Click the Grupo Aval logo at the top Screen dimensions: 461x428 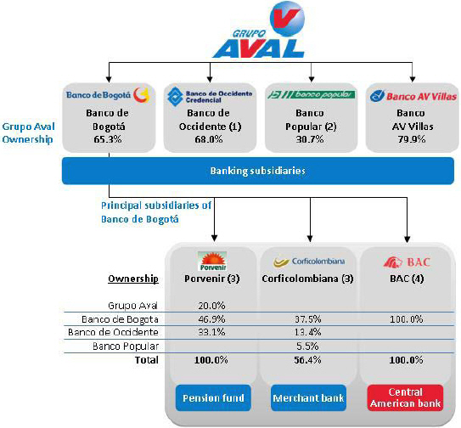pos(259,30)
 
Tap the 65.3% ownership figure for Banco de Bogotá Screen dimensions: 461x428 pos(108,138)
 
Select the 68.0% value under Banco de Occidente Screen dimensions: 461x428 pos(209,138)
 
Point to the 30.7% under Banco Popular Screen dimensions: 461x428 pos(310,138)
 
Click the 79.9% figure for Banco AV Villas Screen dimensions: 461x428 pos(412,138)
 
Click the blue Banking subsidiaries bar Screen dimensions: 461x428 pos(258,171)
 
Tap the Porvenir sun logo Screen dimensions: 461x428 pos(212,262)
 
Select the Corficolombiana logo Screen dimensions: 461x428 pos(309,262)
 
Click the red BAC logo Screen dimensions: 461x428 pos(407,262)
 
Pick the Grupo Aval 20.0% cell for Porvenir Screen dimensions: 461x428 pos(211,306)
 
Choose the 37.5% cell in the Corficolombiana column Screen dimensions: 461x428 pos(308,319)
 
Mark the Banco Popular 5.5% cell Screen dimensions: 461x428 pos(307,346)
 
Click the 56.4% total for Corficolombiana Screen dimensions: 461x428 pos(307,360)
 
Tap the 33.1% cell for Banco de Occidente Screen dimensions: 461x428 pos(211,332)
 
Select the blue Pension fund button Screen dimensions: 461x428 pos(213,398)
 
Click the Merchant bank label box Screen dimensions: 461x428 pos(308,398)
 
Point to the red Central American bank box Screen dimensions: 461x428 pos(406,398)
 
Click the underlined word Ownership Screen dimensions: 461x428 pos(133,279)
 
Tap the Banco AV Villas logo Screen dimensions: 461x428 pos(413,96)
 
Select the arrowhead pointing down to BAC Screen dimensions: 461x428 pos(408,239)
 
